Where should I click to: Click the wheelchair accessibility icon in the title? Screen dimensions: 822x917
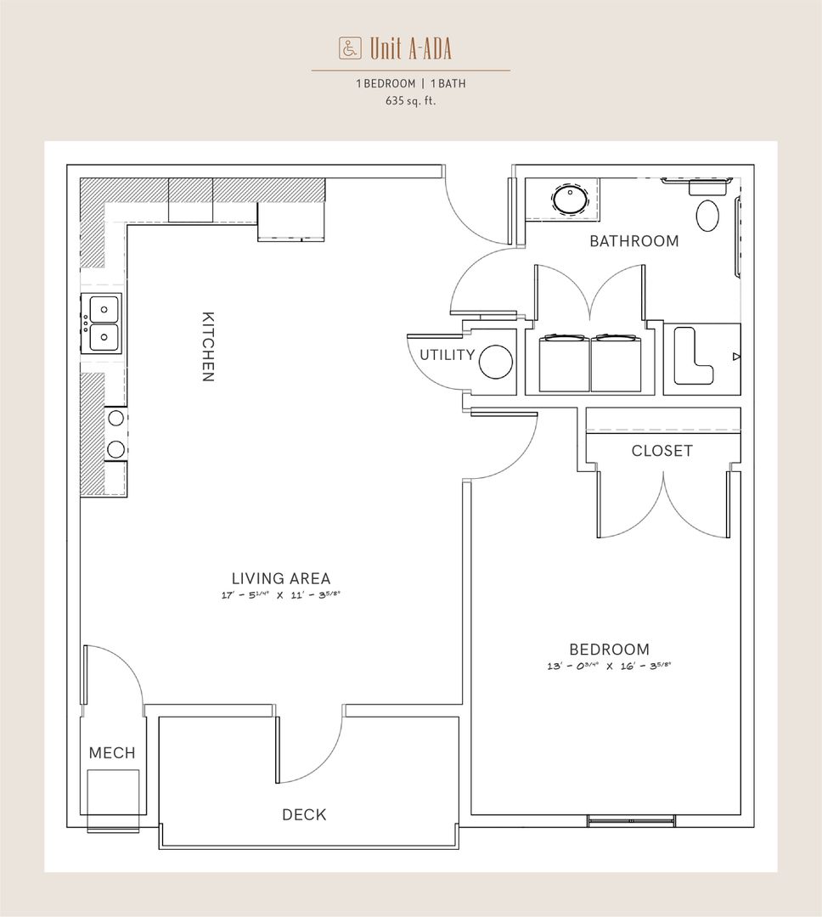(350, 48)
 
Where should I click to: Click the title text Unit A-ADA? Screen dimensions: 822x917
(411, 48)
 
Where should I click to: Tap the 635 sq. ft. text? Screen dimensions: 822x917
(411, 100)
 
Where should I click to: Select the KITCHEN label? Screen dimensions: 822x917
(208, 346)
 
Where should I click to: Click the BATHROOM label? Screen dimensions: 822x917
(634, 241)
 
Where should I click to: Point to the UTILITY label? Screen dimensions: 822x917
(447, 355)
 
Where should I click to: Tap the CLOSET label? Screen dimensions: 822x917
(662, 451)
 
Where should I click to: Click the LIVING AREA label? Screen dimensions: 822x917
(281, 578)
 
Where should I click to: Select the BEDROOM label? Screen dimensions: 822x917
(609, 650)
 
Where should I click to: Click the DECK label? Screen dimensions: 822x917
(304, 814)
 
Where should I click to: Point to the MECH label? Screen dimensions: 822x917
(112, 752)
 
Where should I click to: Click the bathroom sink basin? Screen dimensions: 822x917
(570, 200)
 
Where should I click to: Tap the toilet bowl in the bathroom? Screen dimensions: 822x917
(707, 215)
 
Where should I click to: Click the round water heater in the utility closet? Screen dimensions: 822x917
(496, 362)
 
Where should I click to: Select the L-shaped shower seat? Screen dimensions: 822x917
(693, 356)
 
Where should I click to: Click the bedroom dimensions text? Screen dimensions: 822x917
(609, 666)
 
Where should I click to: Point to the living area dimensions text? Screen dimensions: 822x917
(281, 595)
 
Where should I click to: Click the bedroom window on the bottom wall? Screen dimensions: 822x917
(631, 820)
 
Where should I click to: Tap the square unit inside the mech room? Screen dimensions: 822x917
(114, 793)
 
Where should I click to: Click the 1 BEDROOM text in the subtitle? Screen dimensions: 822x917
(386, 83)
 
